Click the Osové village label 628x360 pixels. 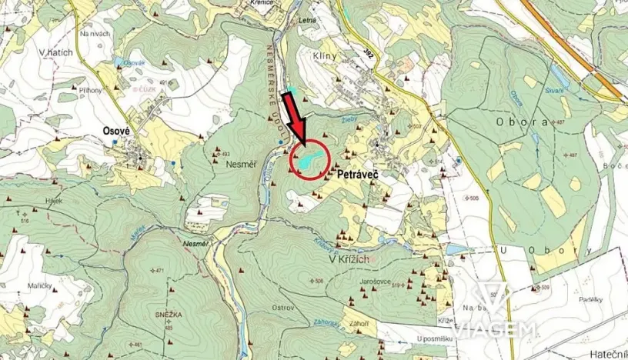115,131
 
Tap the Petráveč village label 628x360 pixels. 361,175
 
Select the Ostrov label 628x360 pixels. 284,308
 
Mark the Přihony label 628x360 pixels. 90,90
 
